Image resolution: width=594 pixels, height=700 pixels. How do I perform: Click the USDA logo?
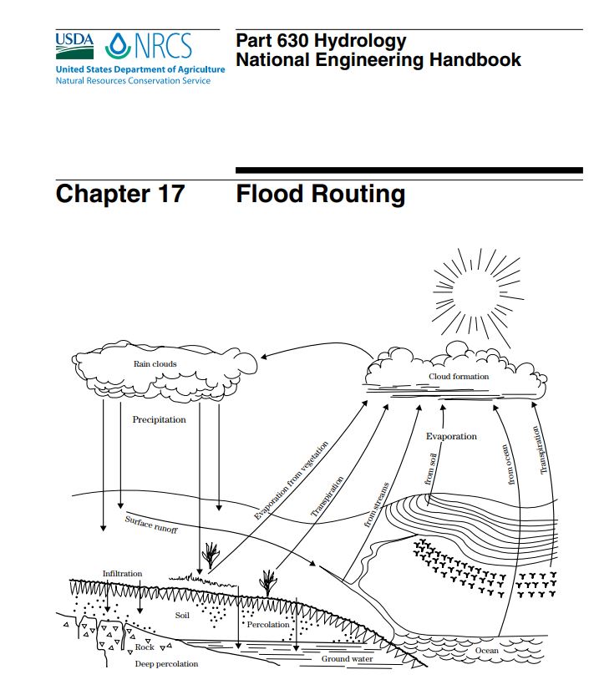tap(74, 46)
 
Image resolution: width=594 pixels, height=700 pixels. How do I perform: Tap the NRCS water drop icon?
tap(119, 46)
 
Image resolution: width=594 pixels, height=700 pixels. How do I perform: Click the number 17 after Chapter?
tap(171, 194)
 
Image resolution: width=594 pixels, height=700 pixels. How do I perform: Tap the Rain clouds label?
tap(155, 364)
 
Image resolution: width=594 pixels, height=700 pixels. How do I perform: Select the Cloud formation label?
tap(459, 377)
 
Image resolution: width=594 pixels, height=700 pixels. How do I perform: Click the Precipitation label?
tap(159, 419)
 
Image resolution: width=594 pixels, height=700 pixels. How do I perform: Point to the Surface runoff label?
tap(151, 524)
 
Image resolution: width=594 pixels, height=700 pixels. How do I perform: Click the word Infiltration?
tap(122, 574)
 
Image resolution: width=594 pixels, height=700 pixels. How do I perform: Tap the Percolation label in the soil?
tap(268, 625)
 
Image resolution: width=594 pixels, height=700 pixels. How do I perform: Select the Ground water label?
tap(347, 658)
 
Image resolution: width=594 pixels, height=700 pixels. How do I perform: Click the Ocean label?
tap(487, 651)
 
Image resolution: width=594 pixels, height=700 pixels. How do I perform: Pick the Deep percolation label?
tap(166, 664)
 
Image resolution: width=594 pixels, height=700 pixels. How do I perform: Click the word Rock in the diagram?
tap(145, 647)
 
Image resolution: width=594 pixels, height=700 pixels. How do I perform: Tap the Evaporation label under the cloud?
tap(451, 436)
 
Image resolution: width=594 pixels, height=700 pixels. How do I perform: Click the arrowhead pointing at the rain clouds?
tap(264, 357)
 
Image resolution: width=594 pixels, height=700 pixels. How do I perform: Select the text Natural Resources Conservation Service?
tap(133, 81)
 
